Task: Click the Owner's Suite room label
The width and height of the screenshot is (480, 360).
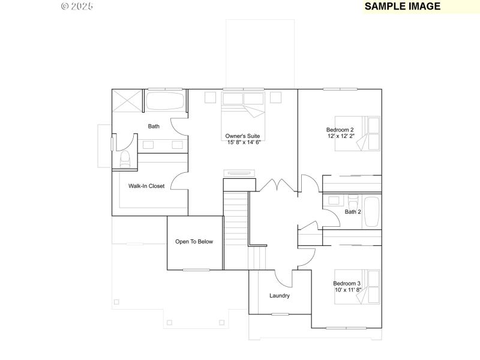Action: pos(242,136)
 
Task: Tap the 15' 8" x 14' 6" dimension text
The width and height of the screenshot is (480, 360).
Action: pos(244,142)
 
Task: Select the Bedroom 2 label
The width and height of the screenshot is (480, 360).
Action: pos(340,130)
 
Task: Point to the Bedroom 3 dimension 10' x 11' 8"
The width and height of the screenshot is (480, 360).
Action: pos(348,290)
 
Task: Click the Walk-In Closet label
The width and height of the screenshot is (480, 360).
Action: pos(146,186)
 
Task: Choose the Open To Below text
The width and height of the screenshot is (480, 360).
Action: pos(194,242)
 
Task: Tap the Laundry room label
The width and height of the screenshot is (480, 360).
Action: pos(280,296)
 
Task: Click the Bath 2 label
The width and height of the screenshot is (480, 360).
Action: pos(353,212)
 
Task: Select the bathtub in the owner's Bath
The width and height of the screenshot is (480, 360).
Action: pos(165,100)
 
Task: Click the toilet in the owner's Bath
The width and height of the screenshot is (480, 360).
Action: pos(125,160)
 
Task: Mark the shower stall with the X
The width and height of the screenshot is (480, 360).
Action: pos(128,100)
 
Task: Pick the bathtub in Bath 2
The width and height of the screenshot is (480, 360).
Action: pos(372,212)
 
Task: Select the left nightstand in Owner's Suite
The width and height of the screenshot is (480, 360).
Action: pos(210,97)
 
